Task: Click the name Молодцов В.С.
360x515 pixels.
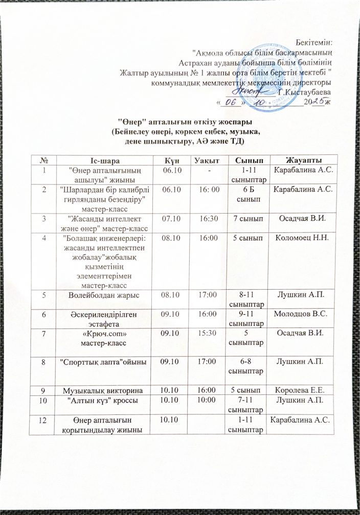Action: tap(304, 313)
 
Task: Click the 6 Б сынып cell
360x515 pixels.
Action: tap(245, 193)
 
